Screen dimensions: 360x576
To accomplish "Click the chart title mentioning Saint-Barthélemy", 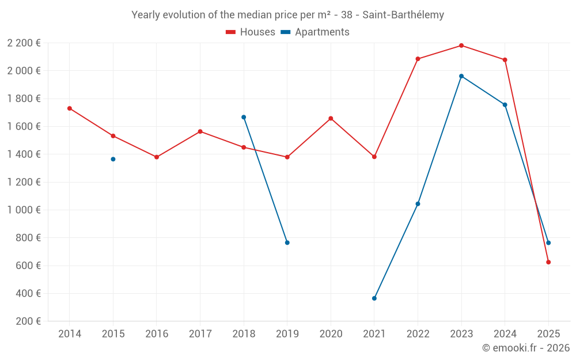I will click(x=287, y=15).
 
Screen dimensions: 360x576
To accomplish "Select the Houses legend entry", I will click(x=251, y=32).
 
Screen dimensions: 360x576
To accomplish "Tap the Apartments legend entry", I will click(x=315, y=32).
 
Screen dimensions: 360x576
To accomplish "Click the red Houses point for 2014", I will click(x=70, y=108).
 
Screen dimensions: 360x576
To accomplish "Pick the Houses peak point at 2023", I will click(x=461, y=46).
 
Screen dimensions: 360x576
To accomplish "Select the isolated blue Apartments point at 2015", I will click(x=113, y=159).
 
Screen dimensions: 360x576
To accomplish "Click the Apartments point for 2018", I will click(x=244, y=117).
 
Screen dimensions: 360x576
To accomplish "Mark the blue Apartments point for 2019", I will click(x=287, y=242).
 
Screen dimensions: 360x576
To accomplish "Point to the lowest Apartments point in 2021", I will click(x=374, y=298).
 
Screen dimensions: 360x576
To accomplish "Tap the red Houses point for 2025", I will click(x=548, y=262).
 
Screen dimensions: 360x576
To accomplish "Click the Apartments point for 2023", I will click(x=461, y=76).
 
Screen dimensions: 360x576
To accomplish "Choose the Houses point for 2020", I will click(x=331, y=119).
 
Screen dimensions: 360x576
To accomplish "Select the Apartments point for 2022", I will click(x=418, y=204).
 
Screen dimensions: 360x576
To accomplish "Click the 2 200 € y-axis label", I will click(x=24, y=43).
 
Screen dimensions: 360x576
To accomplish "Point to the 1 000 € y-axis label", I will click(x=24, y=210).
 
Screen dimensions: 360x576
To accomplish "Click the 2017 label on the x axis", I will click(x=200, y=334).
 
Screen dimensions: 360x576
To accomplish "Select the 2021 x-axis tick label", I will click(x=374, y=334).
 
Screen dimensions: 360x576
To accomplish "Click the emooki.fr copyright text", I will click(x=525, y=348).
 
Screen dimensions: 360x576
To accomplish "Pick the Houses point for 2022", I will click(x=418, y=59).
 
